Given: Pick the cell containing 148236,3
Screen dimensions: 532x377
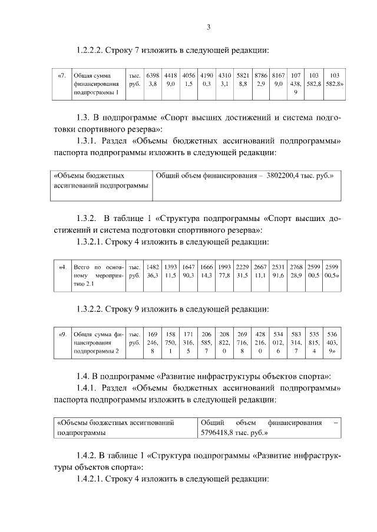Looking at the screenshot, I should (x=153, y=271).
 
